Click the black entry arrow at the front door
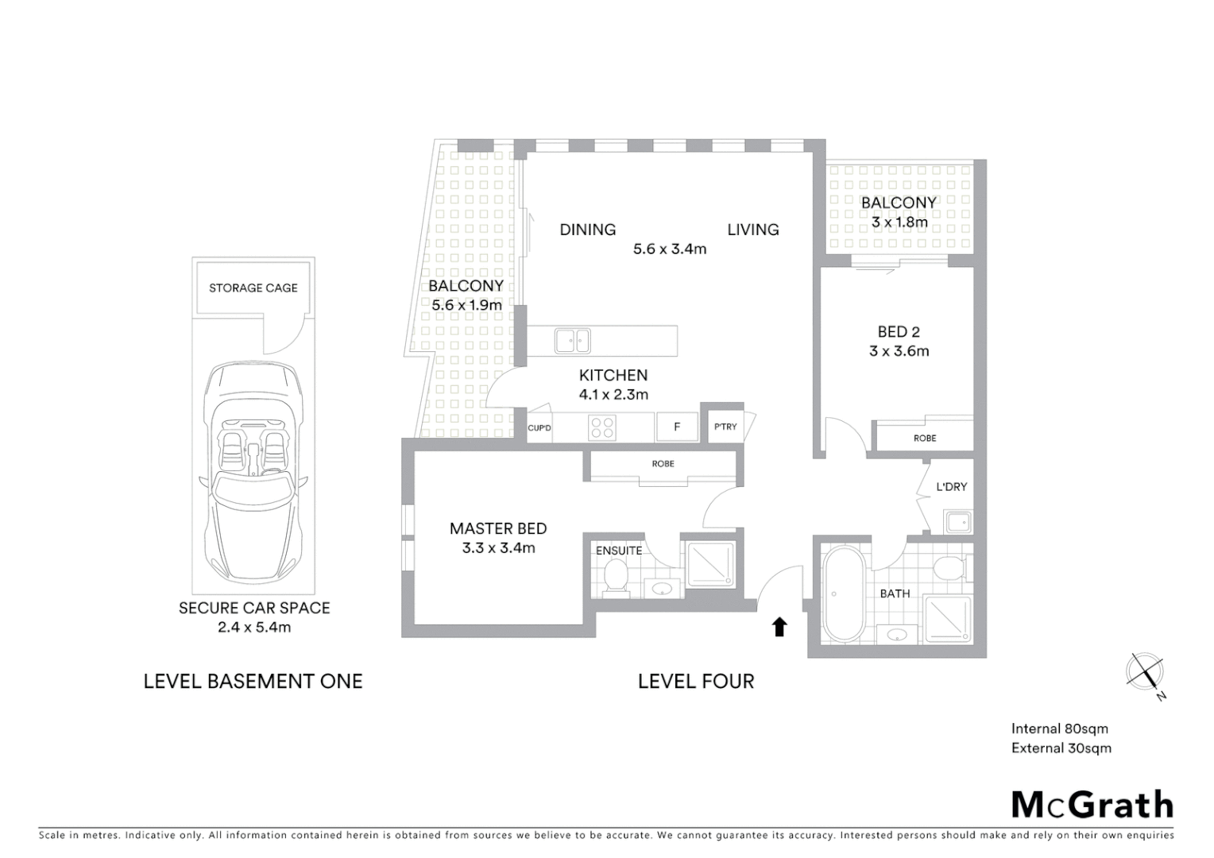coord(779,627)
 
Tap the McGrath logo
coord(1092,805)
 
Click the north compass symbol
coord(1145,672)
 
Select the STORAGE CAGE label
coord(253,288)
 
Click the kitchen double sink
coord(572,341)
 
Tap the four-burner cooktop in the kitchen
coord(601,428)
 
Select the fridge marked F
coord(677,427)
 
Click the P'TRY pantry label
coord(725,427)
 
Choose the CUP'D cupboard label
coord(539,428)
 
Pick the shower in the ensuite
coord(710,564)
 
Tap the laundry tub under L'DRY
coord(957,523)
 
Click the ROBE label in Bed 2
coord(925,438)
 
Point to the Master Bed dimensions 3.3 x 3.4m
coord(498,548)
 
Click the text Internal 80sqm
coord(1059,729)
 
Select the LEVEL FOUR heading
coord(696,681)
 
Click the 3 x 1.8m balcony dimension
coord(899,222)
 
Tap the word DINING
coord(587,230)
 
